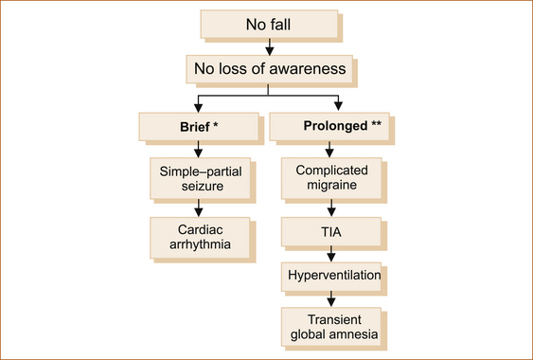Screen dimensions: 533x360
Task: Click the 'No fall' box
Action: [x=269, y=25]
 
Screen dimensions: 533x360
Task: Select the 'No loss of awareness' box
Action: [x=269, y=69]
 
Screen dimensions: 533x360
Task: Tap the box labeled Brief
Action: [x=199, y=127]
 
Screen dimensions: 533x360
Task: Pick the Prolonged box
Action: [x=329, y=127]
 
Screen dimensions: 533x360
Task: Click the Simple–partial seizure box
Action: [x=200, y=178]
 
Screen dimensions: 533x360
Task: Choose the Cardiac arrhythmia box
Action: [x=200, y=238]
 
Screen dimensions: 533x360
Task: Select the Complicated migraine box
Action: [x=331, y=178]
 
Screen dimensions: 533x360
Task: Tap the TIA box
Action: [x=331, y=232]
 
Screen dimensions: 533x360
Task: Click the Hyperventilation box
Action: [x=331, y=277]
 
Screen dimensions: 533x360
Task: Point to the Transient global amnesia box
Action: [x=331, y=327]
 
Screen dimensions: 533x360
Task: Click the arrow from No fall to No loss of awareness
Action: [x=270, y=46]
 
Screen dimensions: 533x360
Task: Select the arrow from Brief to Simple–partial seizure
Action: [x=198, y=149]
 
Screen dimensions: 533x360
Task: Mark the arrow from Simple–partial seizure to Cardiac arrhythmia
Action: [x=199, y=207]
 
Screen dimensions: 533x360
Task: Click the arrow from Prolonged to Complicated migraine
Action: [x=329, y=149]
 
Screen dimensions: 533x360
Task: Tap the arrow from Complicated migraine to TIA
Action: [x=331, y=207]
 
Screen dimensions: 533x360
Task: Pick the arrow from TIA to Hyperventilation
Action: [x=331, y=254]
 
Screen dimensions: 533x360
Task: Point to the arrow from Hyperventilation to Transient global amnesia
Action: [x=331, y=299]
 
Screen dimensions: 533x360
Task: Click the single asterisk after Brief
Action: [x=215, y=124]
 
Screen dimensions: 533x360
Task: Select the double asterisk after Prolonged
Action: [x=376, y=123]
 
